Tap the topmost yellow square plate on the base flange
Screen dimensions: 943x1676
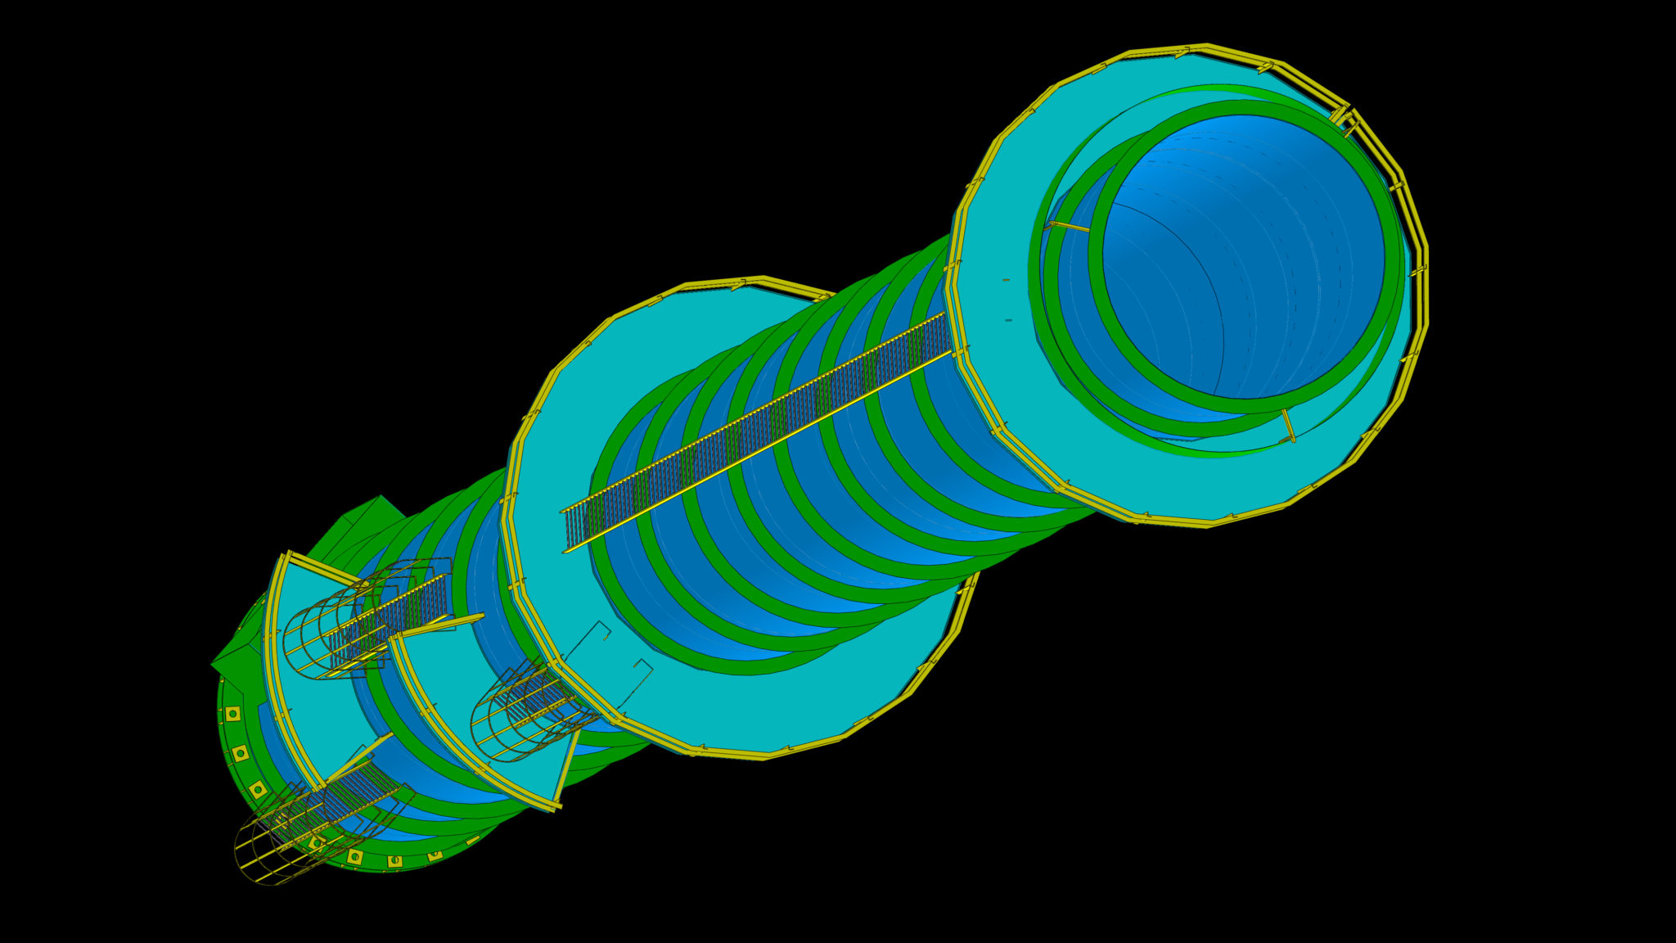pos(232,714)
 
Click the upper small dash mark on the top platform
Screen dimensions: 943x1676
pos(1006,280)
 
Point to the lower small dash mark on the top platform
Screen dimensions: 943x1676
pos(1008,320)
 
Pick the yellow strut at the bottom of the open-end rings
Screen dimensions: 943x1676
pos(1288,426)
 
